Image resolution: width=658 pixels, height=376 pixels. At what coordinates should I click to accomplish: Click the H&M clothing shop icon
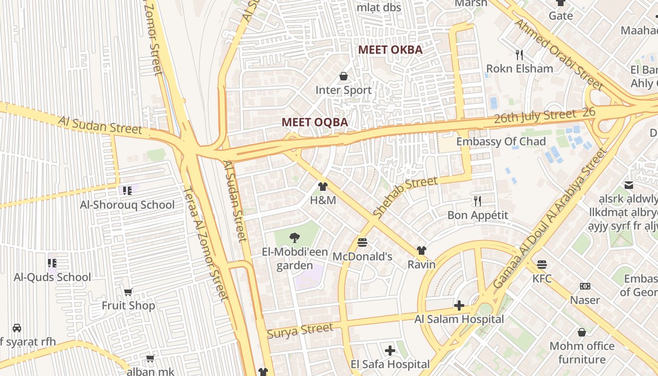pos(322,187)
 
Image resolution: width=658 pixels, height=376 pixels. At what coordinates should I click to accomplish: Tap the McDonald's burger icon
pos(362,243)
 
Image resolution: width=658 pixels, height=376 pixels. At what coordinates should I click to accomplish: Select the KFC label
pos(542,279)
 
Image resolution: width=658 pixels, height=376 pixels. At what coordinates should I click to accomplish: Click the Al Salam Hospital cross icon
pos(459,305)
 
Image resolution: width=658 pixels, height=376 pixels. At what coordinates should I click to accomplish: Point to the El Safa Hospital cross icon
pos(390,351)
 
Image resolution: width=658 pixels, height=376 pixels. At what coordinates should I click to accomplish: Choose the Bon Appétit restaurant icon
pos(478,201)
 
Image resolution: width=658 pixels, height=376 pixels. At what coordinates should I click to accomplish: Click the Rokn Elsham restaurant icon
pos(519,55)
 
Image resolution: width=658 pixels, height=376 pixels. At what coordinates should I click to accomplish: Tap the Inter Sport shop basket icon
pos(344,76)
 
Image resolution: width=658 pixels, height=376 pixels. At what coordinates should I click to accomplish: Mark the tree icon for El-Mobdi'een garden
pos(295,237)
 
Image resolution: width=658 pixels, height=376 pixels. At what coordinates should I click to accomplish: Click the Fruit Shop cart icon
pos(128,292)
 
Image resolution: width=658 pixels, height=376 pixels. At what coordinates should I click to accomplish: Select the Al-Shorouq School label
pos(127,205)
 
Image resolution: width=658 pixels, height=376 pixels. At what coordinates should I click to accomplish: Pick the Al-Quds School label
pos(52,277)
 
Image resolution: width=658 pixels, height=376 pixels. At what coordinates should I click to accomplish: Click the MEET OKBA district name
pos(390,50)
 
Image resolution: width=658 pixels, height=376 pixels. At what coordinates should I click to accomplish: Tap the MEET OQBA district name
pos(314,122)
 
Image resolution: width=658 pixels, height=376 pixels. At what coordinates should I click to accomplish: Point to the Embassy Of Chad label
pos(501,141)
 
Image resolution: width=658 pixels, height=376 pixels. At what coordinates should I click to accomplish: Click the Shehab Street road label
pos(405,196)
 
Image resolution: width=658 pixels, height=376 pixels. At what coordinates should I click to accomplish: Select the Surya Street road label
pos(300,330)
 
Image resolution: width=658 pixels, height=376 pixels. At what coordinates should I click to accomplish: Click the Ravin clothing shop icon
pos(421,251)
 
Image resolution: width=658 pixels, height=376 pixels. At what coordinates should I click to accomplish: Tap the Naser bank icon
pos(585,286)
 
